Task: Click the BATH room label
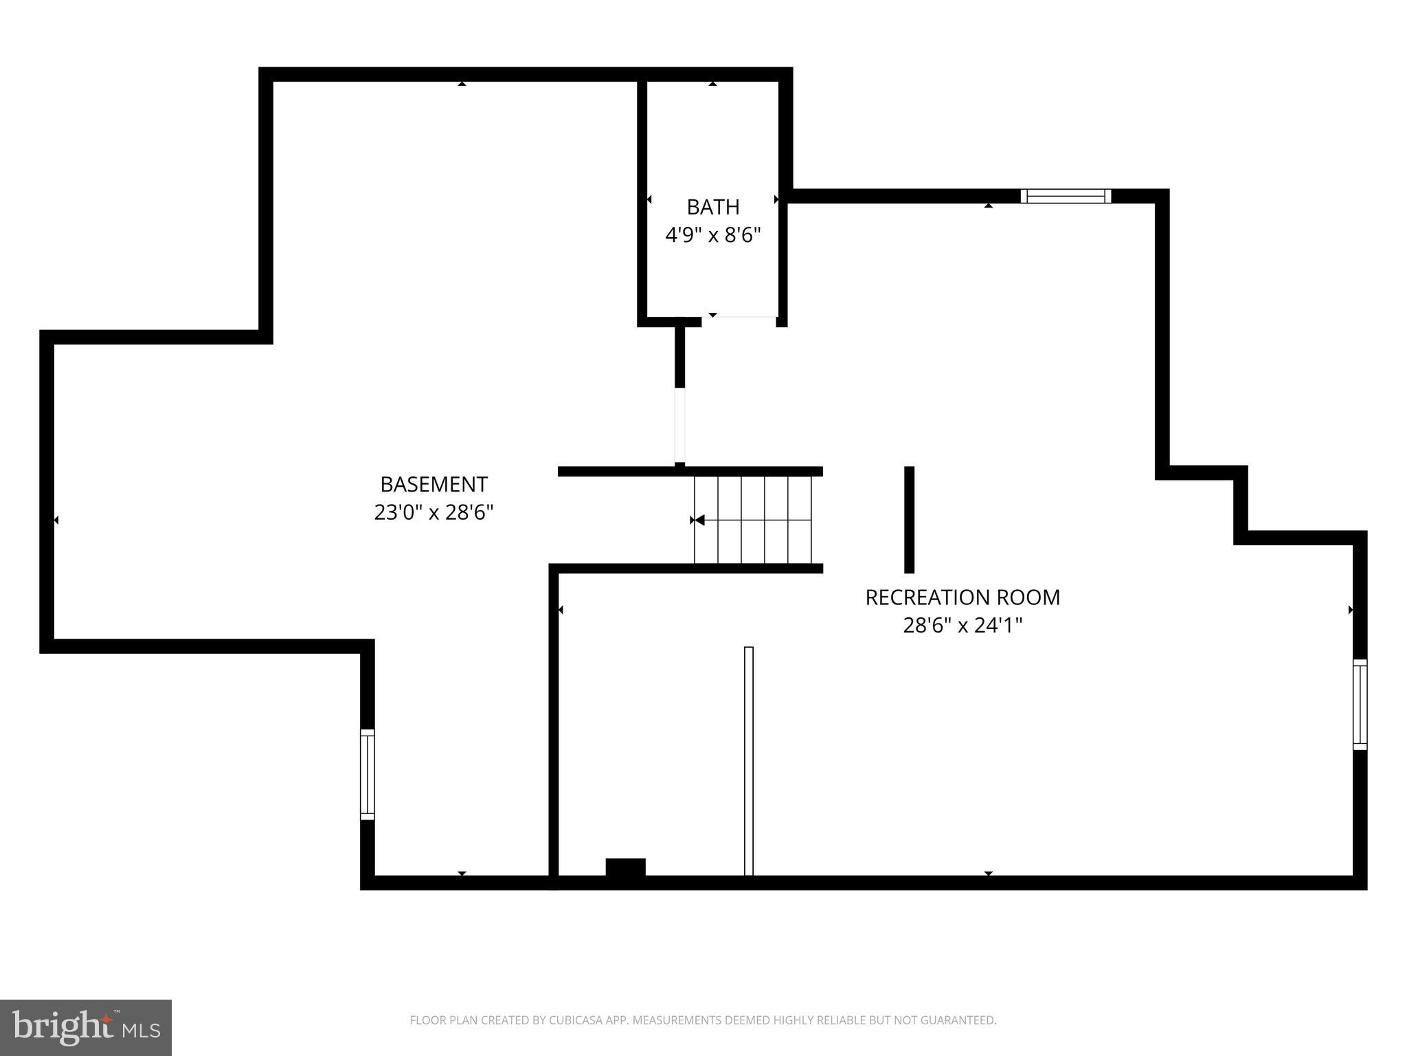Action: [x=712, y=207]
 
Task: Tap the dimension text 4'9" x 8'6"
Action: [x=712, y=236]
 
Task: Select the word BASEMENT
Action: [x=434, y=485]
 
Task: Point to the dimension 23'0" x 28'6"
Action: [x=434, y=513]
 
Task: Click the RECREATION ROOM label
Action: [x=962, y=597]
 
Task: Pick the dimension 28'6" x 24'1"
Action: [x=962, y=626]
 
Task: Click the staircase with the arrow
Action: [x=753, y=520]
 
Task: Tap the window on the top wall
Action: [x=1065, y=196]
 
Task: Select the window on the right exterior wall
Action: [x=1360, y=704]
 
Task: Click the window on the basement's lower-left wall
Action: [x=368, y=774]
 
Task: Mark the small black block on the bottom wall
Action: [x=625, y=868]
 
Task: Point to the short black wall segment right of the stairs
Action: [x=909, y=520]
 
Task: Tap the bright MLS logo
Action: [x=86, y=1027]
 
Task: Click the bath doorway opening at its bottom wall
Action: [x=739, y=318]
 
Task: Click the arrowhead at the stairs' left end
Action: [x=698, y=520]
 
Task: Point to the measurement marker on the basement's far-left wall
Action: [x=56, y=520]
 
